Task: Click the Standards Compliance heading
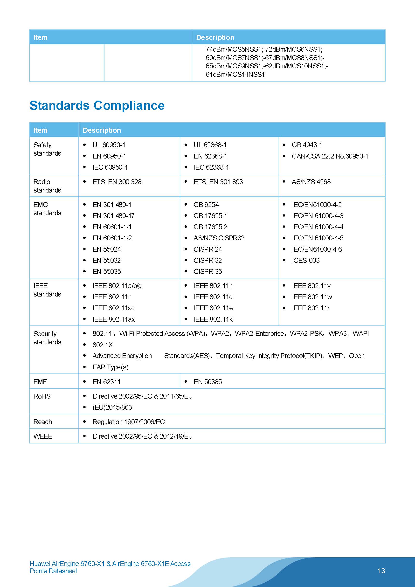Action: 97,106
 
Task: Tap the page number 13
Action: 381,571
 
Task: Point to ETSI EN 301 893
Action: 218,182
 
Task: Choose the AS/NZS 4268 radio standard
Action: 311,182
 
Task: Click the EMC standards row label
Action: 47,209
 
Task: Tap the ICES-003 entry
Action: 305,260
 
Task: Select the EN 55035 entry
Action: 106,271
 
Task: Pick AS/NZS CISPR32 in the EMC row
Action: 219,238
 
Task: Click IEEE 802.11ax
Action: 114,319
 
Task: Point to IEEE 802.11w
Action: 312,297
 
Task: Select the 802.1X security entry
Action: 103,345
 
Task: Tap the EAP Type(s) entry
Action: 110,367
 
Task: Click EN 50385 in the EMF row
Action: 208,382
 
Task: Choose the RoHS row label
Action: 42,396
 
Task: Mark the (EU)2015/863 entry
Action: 112,407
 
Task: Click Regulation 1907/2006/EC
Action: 128,422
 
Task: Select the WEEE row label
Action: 43,436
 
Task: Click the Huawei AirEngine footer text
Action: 110,567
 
